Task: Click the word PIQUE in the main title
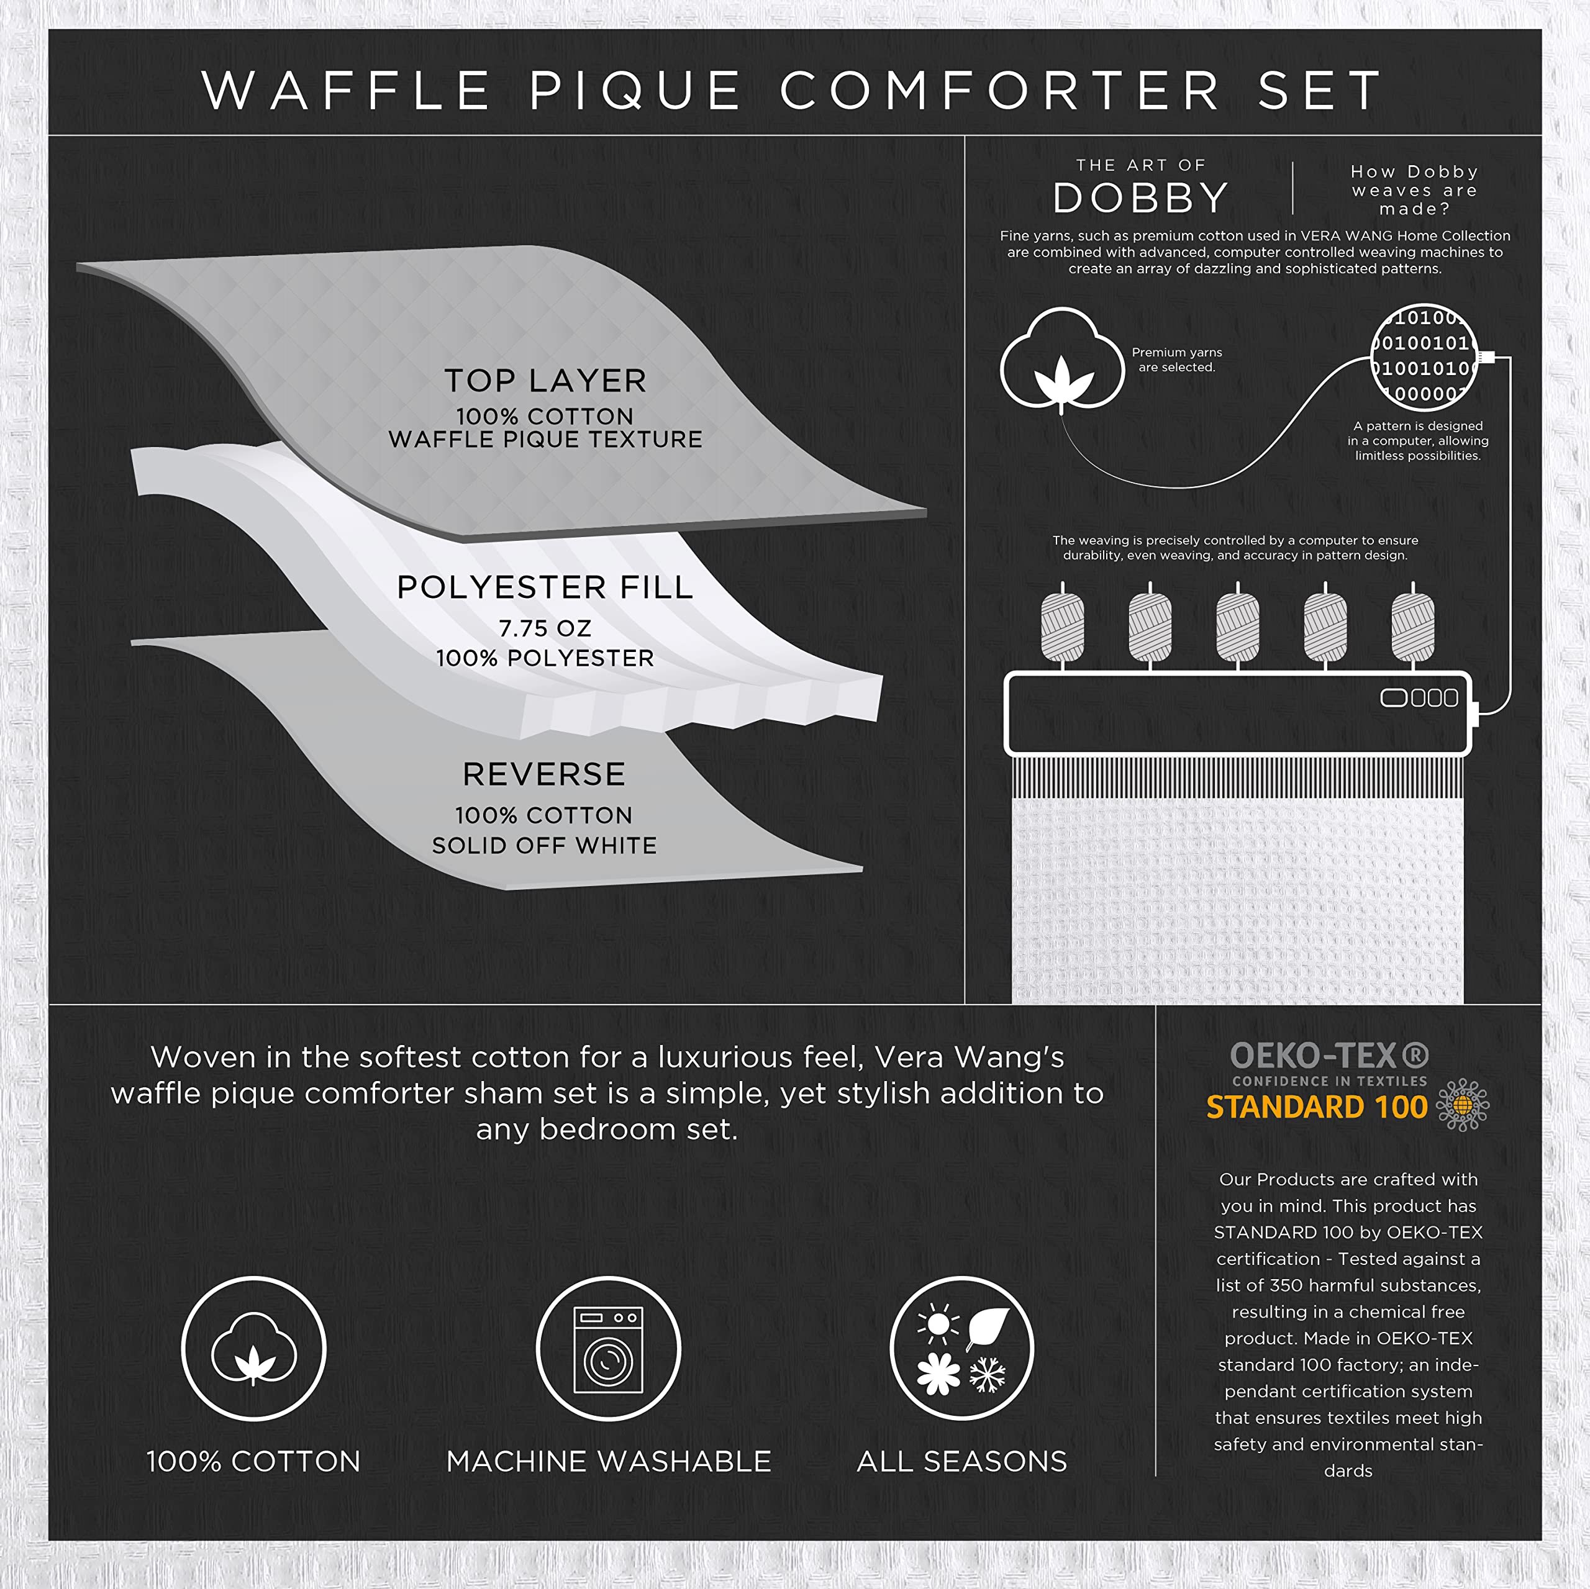point(635,91)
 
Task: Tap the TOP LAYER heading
point(545,381)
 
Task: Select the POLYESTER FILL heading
point(545,587)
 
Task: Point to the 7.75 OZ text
point(545,628)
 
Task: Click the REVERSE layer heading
point(544,774)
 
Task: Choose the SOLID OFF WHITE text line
point(544,846)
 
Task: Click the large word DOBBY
point(1141,198)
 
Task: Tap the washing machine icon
point(608,1349)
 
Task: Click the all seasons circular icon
point(961,1349)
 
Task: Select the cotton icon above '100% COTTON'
point(253,1349)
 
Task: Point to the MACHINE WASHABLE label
point(608,1462)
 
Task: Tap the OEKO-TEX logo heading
point(1329,1056)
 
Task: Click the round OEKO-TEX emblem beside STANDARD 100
point(1463,1104)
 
